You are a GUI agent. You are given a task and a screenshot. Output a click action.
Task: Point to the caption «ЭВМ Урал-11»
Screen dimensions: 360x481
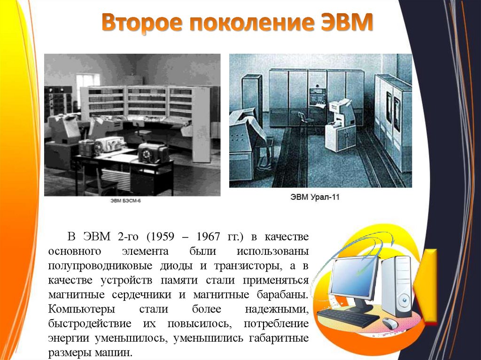[314, 198]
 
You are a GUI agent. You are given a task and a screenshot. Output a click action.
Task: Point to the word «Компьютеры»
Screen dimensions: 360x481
[81, 310]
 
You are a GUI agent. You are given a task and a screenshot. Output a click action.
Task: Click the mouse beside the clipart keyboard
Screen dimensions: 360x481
[389, 323]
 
